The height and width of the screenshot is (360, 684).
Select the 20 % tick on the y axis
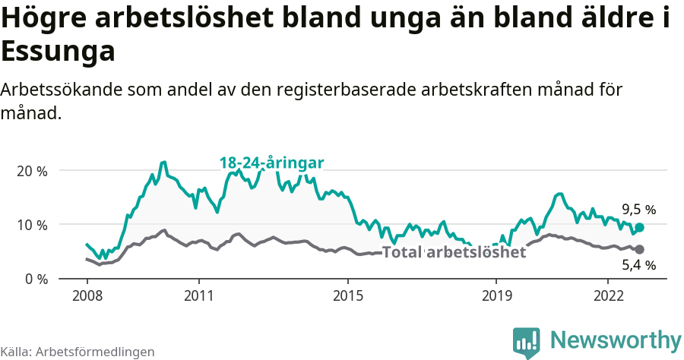pyautogui.click(x=32, y=171)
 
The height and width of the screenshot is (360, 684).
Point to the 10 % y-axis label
pyautogui.click(x=32, y=225)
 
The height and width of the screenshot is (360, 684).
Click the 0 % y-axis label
pyautogui.click(x=36, y=279)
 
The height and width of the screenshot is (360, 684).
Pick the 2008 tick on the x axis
pyautogui.click(x=87, y=294)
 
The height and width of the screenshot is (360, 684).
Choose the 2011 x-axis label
pyautogui.click(x=198, y=294)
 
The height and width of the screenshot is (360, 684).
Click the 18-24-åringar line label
pyautogui.click(x=272, y=163)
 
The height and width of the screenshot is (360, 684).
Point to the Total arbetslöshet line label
pyautogui.click(x=454, y=252)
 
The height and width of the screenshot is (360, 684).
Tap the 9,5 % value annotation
pyautogui.click(x=638, y=210)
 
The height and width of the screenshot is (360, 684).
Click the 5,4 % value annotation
pyautogui.click(x=638, y=265)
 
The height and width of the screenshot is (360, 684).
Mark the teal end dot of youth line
pyautogui.click(x=639, y=227)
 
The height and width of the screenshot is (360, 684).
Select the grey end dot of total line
pyautogui.click(x=639, y=249)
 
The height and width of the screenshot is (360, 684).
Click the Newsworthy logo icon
pyautogui.click(x=527, y=343)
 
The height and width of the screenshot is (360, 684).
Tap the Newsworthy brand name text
pyautogui.click(x=616, y=340)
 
